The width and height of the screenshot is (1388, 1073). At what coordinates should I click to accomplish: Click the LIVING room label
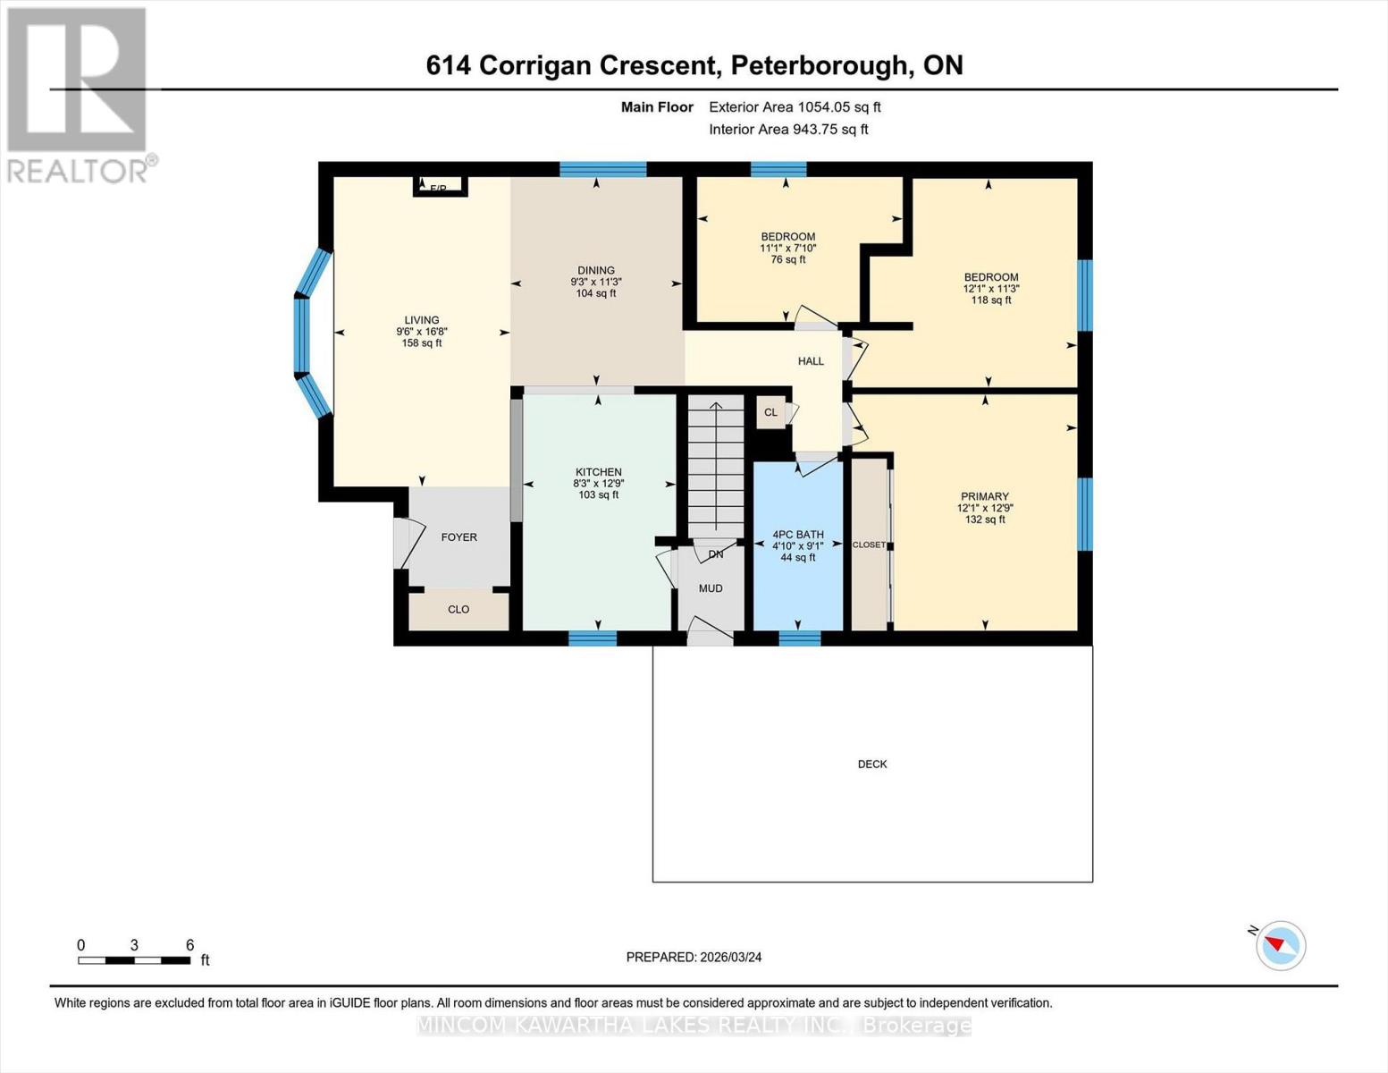pyautogui.click(x=421, y=320)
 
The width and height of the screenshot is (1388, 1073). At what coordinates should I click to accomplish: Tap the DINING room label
pyautogui.click(x=596, y=270)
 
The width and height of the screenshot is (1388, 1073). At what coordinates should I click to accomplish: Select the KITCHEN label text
pyautogui.click(x=598, y=472)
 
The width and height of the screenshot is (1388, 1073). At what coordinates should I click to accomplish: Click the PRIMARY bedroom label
pyautogui.click(x=984, y=496)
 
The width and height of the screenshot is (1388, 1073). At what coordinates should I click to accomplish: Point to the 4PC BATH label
pyautogui.click(x=797, y=535)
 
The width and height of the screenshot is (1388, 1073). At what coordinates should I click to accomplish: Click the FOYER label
pyautogui.click(x=458, y=537)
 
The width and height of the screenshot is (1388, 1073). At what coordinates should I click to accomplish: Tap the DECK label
pyautogui.click(x=872, y=764)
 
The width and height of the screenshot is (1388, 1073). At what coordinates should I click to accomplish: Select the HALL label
pyautogui.click(x=811, y=361)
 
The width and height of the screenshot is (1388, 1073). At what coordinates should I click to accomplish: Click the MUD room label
pyautogui.click(x=711, y=588)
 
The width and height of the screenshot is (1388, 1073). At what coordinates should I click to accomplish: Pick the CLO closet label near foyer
pyautogui.click(x=458, y=610)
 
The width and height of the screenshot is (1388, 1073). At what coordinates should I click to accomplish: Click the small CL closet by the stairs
pyautogui.click(x=770, y=412)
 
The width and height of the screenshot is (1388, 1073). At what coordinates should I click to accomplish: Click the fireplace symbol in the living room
pyautogui.click(x=440, y=186)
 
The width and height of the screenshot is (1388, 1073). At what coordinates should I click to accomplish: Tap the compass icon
pyautogui.click(x=1280, y=945)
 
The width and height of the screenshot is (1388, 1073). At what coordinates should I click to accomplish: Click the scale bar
pyautogui.click(x=134, y=960)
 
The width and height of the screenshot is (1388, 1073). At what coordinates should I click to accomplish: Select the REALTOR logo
pyautogui.click(x=80, y=95)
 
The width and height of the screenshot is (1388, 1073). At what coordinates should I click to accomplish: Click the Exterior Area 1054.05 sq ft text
pyautogui.click(x=795, y=107)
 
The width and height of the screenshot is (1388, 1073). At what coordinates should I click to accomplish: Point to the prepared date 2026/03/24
pyautogui.click(x=694, y=957)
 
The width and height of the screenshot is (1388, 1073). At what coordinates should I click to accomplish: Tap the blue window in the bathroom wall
pyautogui.click(x=799, y=638)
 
